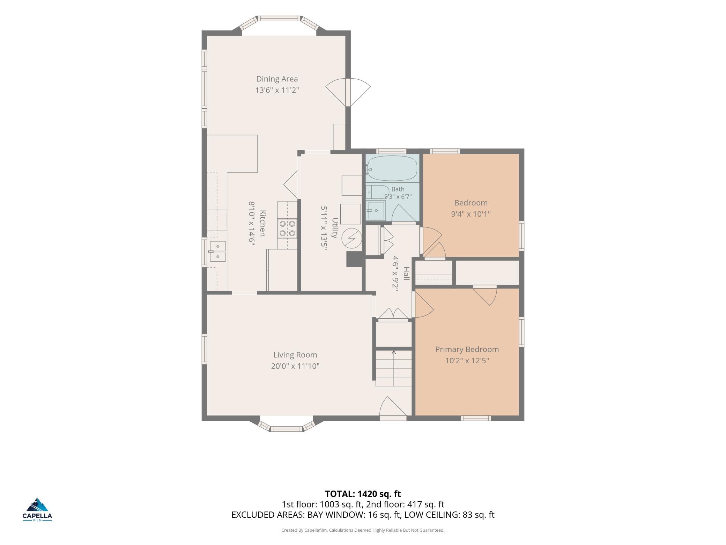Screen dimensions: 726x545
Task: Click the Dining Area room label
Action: [x=277, y=79]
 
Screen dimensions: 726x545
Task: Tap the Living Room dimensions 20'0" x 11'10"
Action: [x=295, y=366]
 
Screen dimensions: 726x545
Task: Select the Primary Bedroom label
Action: [x=467, y=349]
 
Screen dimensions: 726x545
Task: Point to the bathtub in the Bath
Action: [x=392, y=168]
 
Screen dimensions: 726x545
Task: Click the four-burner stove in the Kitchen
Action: [x=287, y=228]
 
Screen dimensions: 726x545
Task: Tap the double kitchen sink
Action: [x=217, y=252]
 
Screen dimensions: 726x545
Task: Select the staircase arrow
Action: [x=394, y=368]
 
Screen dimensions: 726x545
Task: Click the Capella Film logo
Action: [x=37, y=509]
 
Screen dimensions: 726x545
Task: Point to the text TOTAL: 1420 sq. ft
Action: [x=363, y=494]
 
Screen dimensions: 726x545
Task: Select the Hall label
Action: [x=406, y=273]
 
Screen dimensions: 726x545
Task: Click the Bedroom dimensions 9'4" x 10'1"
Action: [x=471, y=214]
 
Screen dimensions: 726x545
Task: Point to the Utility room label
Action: [x=334, y=228]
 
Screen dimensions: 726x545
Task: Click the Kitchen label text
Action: [x=263, y=223]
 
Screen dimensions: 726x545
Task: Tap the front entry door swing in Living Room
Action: [x=393, y=407]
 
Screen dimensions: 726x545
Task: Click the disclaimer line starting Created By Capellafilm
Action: [x=363, y=530]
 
